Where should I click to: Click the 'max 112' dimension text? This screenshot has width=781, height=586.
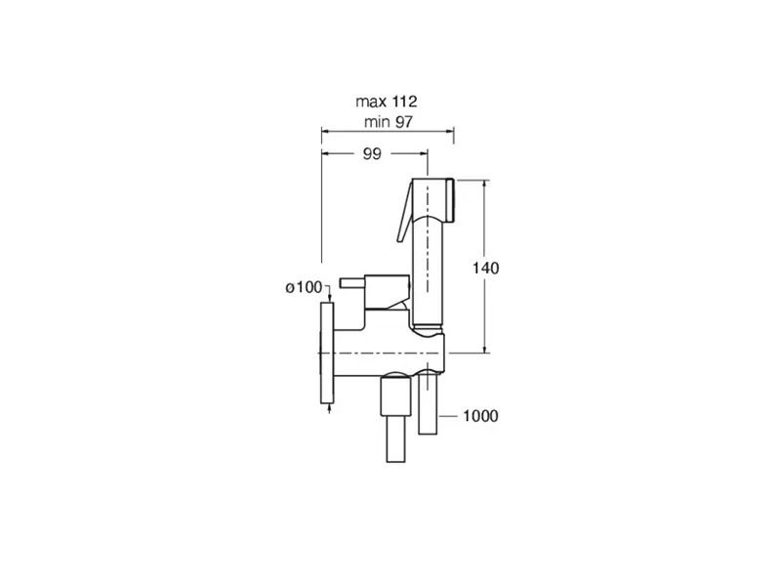coord(386,102)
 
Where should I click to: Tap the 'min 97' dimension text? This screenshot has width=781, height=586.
coord(388,121)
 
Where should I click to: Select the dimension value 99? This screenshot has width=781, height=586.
coord(372,154)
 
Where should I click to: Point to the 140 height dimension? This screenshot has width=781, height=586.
coord(485,268)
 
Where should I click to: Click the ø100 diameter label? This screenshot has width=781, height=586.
coord(304,287)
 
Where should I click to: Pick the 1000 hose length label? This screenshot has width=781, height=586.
coord(480,416)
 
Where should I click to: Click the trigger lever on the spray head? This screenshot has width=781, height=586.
coord(404,212)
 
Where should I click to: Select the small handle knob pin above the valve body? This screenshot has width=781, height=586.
coord(352,283)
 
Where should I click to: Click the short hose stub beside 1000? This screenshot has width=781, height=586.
coord(428,404)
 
